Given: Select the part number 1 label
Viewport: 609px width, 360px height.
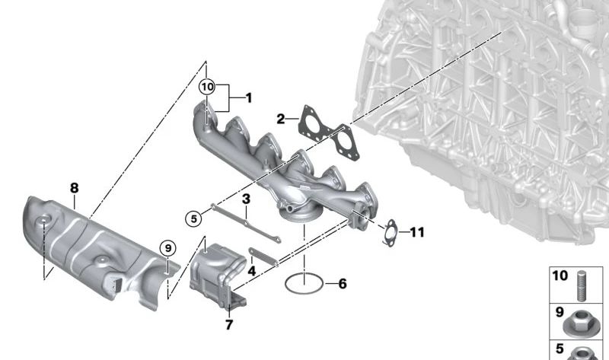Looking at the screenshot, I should click(248, 97).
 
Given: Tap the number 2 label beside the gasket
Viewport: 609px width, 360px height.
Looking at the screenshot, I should click(281, 119).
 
